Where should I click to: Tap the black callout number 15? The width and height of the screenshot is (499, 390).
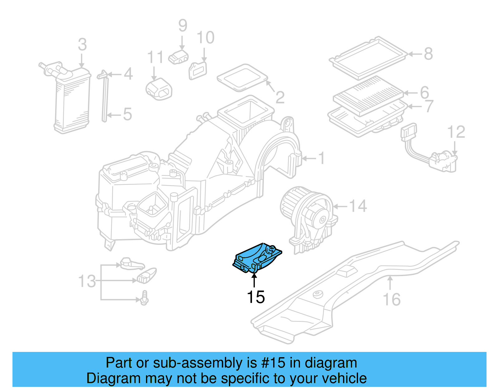256,297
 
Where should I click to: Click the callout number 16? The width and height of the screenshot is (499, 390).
391,300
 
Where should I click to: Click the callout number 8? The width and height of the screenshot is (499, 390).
429,54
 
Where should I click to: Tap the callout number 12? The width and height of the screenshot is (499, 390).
456,132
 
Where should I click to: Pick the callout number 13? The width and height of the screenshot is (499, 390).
87,281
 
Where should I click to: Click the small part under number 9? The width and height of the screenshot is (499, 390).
178,57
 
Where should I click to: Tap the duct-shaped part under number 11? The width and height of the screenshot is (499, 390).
159,89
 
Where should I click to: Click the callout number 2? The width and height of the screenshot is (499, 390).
280,97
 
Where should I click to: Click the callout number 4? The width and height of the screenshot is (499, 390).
128,74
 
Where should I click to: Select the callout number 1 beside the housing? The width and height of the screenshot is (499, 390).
322,158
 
